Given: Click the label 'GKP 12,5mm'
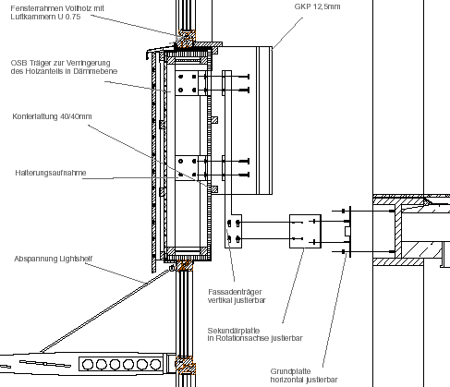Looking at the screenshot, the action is tap(317, 6).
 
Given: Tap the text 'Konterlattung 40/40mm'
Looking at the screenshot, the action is tap(52, 116).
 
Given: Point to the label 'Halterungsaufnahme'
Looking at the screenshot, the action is tap(51, 173).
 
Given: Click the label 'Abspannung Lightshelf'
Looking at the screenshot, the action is tap(54, 259).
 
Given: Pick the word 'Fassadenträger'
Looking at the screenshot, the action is tap(235, 292).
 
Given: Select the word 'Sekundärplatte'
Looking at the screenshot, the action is tap(234, 331).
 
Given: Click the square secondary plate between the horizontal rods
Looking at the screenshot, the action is tap(305, 231).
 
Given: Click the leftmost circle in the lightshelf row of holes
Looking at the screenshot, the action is tap(88, 365).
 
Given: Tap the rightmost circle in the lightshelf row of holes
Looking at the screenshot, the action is tap(155, 365).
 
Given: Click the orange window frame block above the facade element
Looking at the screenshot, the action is tap(186, 39).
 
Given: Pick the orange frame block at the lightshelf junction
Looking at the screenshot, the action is tap(185, 365).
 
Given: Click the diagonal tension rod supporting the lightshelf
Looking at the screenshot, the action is tap(106, 310).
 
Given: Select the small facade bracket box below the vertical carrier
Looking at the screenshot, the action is tap(233, 231).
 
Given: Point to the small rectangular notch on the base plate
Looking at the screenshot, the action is tap(347, 231).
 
